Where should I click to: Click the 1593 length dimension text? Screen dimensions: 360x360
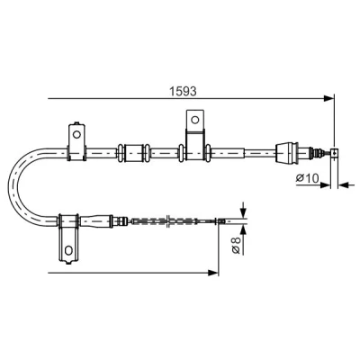tap(183, 91)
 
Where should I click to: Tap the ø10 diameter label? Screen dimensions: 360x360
tap(307, 178)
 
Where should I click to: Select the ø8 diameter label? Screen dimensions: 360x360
tap(236, 245)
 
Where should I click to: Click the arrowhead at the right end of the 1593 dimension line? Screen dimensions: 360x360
tap(328, 98)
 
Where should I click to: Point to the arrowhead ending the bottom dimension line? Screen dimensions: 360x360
tap(213, 273)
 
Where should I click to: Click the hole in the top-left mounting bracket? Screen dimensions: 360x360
tap(77, 134)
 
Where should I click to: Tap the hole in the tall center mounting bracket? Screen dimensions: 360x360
tap(195, 120)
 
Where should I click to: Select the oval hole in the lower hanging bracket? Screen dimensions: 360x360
tap(68, 249)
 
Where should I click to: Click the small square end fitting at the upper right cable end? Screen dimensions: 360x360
tap(334, 153)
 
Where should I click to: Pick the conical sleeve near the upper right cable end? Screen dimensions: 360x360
tap(287, 153)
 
